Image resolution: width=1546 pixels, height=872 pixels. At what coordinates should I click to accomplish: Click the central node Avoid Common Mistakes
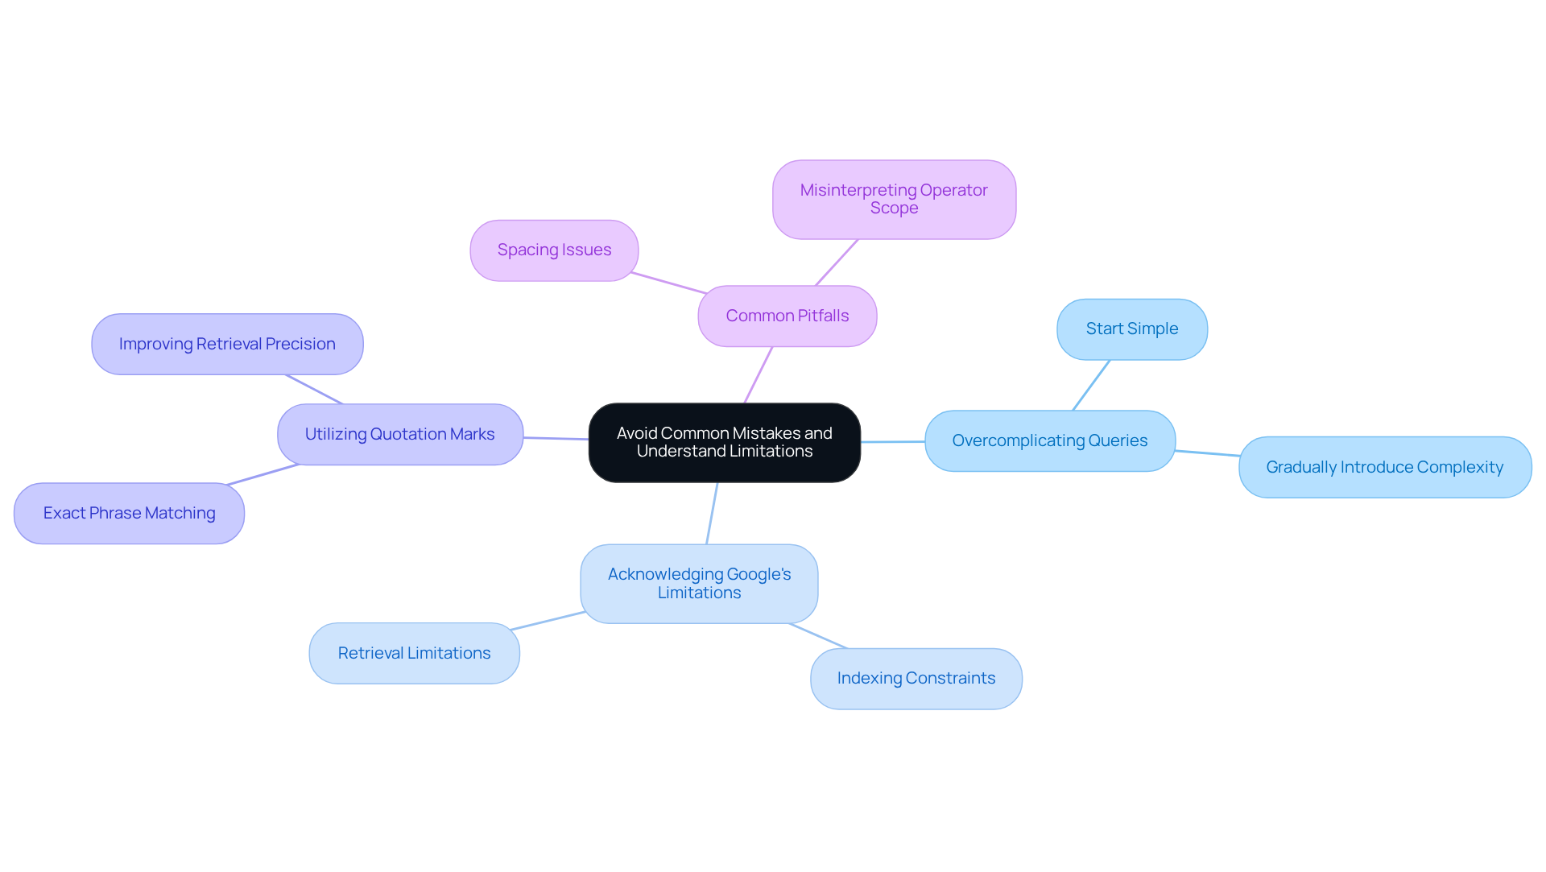724,443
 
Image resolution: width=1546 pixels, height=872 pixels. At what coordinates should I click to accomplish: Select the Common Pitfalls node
787,316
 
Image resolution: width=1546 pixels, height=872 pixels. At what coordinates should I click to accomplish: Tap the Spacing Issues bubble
554,250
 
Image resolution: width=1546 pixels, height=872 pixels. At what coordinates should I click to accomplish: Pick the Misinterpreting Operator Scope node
894,199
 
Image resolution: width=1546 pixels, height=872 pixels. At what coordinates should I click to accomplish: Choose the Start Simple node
1131,329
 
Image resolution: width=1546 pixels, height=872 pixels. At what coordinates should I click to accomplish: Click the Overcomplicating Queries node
1049,441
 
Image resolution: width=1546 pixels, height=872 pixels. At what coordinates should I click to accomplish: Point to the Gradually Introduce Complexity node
1384,468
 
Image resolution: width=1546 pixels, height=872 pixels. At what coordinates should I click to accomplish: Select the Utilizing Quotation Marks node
399,435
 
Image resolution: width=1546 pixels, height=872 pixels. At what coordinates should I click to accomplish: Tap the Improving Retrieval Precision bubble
227,345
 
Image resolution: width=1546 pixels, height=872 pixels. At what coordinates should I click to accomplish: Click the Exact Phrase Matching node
129,514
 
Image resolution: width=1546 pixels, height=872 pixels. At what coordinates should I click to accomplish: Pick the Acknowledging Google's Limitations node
699,584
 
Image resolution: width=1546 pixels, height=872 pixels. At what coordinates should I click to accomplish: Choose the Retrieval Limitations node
414,653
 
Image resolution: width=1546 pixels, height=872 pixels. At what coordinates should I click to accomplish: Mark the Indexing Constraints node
916,679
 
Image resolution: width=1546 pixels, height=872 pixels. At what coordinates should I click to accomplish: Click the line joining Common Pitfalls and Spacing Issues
668,283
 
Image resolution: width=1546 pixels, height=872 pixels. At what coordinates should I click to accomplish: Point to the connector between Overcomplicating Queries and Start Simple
1091,385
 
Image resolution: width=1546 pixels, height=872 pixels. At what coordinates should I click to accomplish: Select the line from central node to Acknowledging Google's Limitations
712,514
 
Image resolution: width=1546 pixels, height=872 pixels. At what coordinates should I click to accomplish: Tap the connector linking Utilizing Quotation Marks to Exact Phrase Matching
263,474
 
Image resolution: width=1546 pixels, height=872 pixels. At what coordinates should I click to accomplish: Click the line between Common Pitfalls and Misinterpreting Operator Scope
837,262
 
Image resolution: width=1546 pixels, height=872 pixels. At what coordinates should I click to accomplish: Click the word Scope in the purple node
894,208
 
